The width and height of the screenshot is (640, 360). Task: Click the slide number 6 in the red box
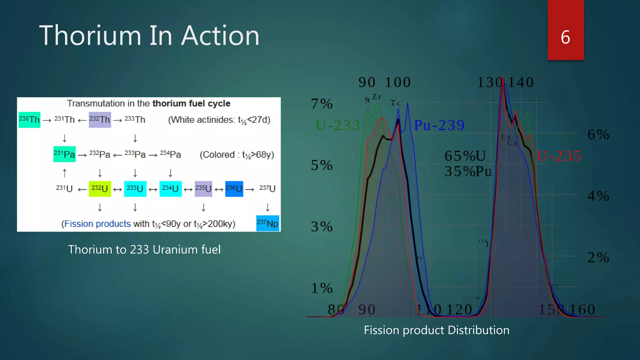(x=565, y=37)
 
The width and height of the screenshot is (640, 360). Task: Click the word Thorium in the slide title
(x=90, y=36)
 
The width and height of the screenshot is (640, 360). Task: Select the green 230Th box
(x=29, y=120)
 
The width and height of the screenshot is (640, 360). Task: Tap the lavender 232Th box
(x=100, y=120)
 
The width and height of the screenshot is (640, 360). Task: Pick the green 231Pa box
(x=64, y=154)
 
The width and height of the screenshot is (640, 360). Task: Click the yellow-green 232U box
(x=100, y=189)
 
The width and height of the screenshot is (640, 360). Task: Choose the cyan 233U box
(x=135, y=189)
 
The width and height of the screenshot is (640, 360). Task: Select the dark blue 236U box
(x=234, y=189)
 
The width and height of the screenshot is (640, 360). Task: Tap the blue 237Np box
(x=267, y=223)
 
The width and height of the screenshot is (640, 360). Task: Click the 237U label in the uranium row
(x=267, y=188)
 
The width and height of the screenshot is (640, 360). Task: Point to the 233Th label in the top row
(x=135, y=120)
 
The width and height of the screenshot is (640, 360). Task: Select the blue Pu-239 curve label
(x=439, y=125)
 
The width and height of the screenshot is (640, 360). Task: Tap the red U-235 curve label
(x=559, y=156)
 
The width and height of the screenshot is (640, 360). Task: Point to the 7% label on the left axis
(x=322, y=104)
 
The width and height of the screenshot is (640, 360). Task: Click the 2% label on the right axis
(x=598, y=257)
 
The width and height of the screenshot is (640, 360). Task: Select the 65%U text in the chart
(x=465, y=156)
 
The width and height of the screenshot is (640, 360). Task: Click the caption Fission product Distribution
(x=437, y=330)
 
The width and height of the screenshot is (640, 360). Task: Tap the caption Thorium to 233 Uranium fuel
(x=144, y=249)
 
